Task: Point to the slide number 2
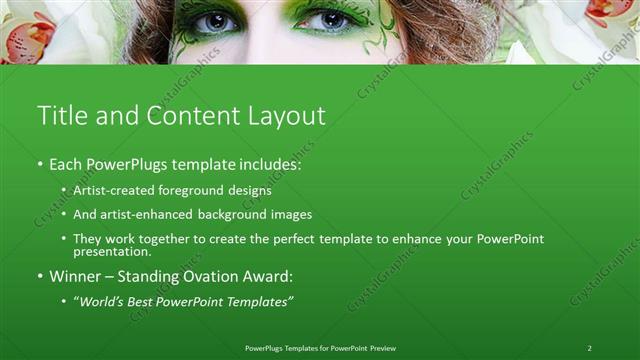589,348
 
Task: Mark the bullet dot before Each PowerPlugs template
39,163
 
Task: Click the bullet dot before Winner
39,275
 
